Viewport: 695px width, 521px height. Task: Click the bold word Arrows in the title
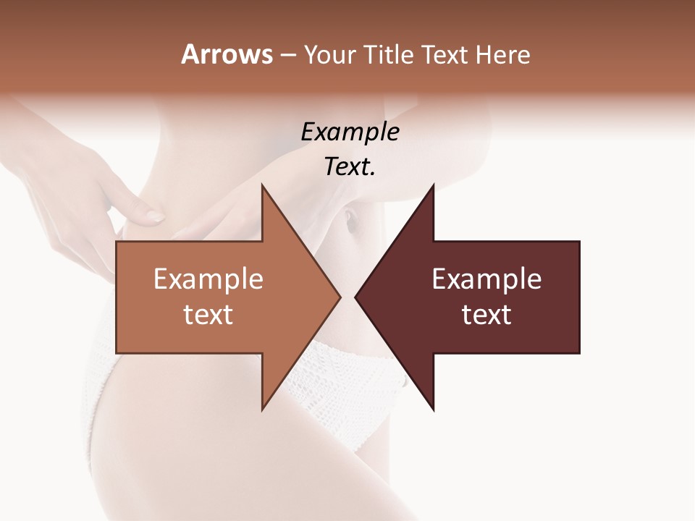pos(227,54)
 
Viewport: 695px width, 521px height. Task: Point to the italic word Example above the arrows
pos(350,132)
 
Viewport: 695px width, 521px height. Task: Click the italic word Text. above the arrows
pos(350,167)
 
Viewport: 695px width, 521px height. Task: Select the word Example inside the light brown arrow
pos(208,279)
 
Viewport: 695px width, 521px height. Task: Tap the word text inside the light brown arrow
pos(208,315)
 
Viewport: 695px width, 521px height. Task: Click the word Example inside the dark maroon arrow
pos(486,279)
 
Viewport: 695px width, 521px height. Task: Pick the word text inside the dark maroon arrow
pos(486,315)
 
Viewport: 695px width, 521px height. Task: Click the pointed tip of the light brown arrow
pos(340,297)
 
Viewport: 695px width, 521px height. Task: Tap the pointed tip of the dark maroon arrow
pos(355,297)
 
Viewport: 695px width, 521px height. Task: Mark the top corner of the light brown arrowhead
pos(262,185)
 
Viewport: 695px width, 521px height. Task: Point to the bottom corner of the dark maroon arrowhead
pos(433,410)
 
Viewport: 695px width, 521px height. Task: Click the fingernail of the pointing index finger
pos(156,216)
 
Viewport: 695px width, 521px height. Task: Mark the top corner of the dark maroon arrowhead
pos(433,185)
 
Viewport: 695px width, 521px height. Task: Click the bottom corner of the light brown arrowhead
pos(262,410)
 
